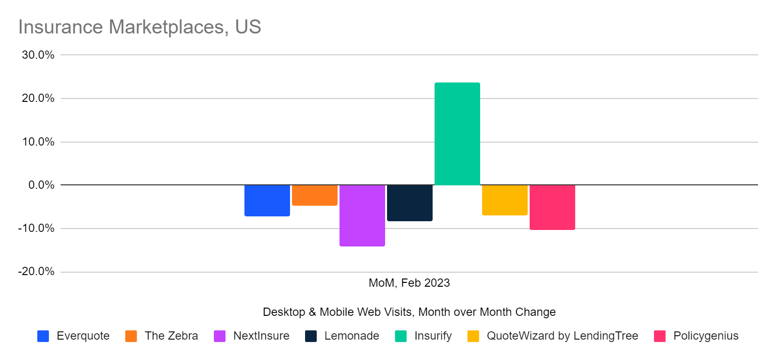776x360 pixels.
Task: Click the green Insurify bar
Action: point(457,134)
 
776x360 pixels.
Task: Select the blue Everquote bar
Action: point(267,200)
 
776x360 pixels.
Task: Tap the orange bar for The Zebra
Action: point(314,195)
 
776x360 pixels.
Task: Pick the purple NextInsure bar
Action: point(362,215)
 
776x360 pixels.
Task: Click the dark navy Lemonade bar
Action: point(409,203)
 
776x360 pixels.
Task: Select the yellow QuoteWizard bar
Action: point(504,200)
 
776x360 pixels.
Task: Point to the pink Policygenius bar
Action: point(552,207)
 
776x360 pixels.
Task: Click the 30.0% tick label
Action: point(38,55)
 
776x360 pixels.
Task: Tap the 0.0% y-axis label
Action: point(41,185)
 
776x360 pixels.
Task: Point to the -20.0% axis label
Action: point(36,272)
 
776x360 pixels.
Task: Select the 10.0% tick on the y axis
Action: point(38,142)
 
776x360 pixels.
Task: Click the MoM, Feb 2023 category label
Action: point(409,283)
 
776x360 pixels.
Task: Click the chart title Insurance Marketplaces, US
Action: point(140,27)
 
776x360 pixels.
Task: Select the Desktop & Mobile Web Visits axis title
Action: point(409,312)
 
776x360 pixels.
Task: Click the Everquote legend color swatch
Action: point(43,336)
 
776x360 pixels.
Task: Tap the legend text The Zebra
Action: point(171,336)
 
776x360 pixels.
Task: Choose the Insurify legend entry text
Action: point(433,336)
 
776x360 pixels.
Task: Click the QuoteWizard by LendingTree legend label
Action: point(562,336)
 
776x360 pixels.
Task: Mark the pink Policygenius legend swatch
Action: point(660,336)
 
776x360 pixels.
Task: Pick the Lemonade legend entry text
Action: point(352,336)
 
